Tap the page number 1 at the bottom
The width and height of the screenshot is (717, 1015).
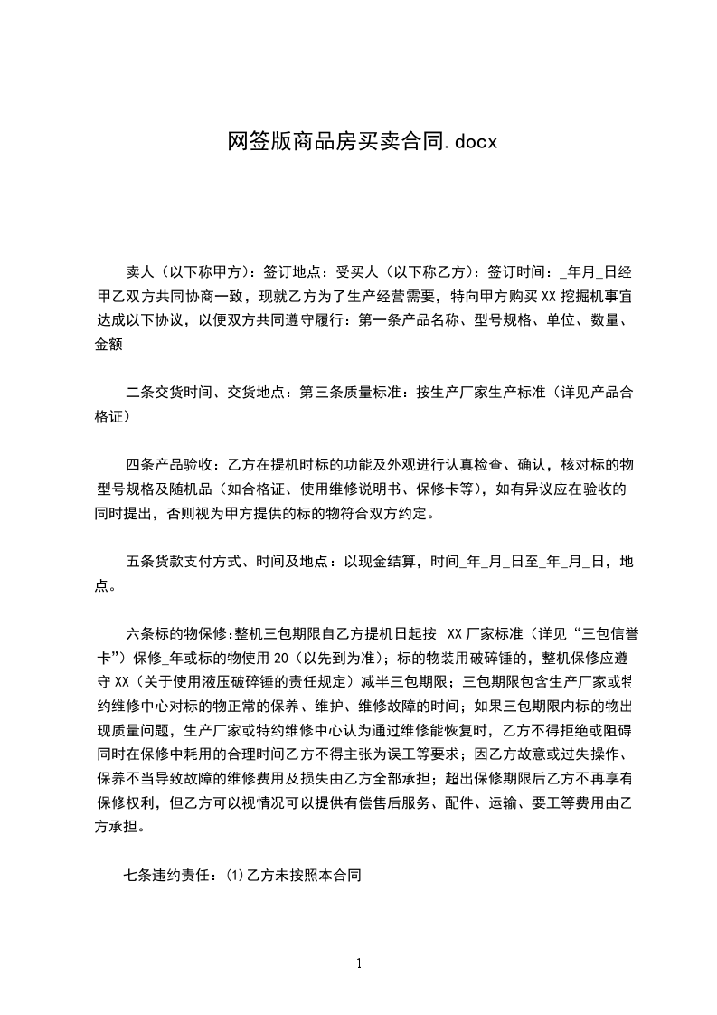tap(359, 963)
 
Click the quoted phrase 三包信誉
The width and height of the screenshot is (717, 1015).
tap(607, 631)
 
